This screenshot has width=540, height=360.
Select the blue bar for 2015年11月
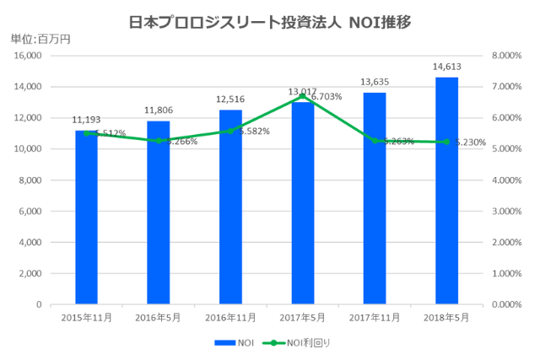coord(86,219)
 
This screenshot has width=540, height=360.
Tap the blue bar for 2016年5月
coord(158,215)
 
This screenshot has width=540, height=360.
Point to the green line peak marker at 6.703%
coord(302,96)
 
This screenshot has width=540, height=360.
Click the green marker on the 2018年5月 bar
coord(446,142)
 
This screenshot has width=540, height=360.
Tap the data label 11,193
coord(87,121)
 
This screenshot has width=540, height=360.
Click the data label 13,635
coord(375,83)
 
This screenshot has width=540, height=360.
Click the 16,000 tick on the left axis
coord(28,56)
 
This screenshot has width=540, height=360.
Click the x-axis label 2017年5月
coord(302,317)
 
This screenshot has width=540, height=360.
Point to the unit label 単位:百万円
coord(40,38)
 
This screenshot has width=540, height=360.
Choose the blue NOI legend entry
coord(235,343)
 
